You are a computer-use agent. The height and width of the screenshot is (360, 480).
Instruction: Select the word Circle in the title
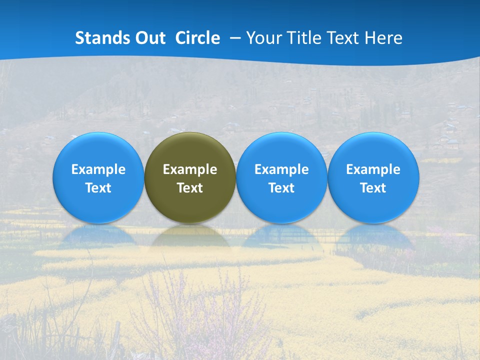(x=197, y=38)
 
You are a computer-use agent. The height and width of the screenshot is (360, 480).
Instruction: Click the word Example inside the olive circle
(x=190, y=169)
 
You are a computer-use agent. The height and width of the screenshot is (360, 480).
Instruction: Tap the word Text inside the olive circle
(x=190, y=188)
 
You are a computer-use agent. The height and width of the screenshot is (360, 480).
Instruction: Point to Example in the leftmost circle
(x=98, y=169)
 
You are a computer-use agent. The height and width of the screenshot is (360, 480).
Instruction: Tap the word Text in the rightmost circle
(x=373, y=188)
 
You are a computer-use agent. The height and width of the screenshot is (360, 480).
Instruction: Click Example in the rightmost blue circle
(x=373, y=169)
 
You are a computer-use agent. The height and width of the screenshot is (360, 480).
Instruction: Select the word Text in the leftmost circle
(x=98, y=188)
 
